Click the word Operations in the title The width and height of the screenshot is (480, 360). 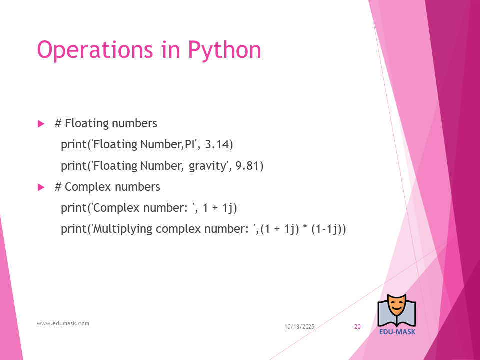[x=95, y=50]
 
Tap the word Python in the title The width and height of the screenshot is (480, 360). [x=224, y=50]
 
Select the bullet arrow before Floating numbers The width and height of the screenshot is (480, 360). [x=41, y=124]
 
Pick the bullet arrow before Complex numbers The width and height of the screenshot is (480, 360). [x=41, y=187]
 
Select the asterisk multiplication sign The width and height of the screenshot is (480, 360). [x=305, y=227]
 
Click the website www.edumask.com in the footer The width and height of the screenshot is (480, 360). [x=63, y=323]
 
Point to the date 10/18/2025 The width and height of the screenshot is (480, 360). [x=299, y=327]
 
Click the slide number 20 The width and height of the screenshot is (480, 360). [x=357, y=327]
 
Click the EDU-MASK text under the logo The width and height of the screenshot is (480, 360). [x=397, y=332]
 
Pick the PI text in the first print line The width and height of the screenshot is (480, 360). [x=190, y=144]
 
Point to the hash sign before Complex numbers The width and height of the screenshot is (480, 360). [x=58, y=187]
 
